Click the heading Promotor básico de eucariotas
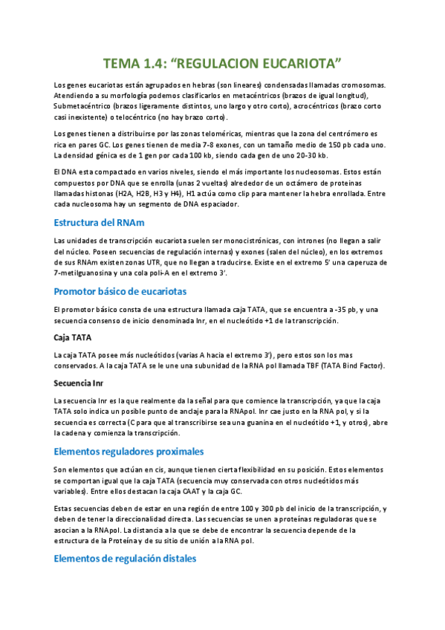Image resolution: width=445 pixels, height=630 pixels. tap(120, 290)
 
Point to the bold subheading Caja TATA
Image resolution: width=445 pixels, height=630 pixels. tap(72, 337)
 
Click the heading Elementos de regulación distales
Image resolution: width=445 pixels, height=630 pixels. tap(126, 558)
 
